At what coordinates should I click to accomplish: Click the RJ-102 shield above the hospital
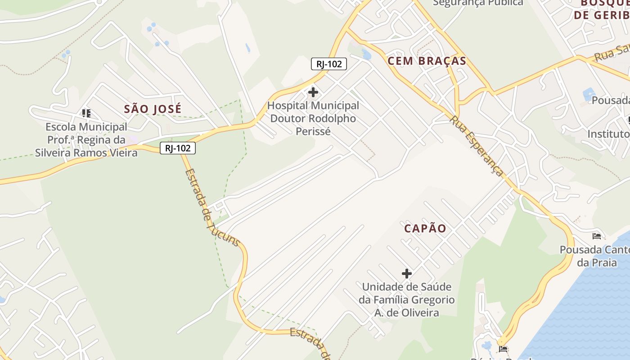329,64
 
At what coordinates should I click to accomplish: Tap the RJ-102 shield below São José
178,148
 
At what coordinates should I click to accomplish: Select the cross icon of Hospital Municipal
313,93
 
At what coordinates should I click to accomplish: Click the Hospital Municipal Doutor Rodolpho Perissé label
313,118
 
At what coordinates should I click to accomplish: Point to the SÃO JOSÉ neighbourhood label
153,109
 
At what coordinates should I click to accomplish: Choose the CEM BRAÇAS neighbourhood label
427,61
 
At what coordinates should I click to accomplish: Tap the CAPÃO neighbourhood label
425,229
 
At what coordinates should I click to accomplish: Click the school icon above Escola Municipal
86,113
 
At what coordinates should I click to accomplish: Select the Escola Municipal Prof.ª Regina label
86,140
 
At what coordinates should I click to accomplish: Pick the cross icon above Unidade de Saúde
406,273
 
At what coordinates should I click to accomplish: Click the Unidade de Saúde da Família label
406,300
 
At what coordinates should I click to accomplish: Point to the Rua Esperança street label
477,146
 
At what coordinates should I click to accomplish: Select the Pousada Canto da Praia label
594,256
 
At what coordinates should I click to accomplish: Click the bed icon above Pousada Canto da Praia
597,236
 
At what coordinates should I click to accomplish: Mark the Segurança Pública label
478,3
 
